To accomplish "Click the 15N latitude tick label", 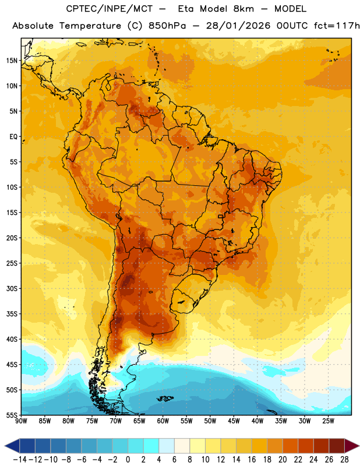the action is coord(12,61).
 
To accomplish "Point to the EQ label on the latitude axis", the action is coord(13,137).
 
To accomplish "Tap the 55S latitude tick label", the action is coord(12,415).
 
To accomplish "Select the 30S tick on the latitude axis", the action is coord(12,288).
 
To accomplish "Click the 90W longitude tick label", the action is coord(21,421).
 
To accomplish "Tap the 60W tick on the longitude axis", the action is coord(163,421).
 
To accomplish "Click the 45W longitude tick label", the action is coord(234,421).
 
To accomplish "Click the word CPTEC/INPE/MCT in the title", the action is coord(110,9).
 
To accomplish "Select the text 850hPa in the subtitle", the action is coord(167,26).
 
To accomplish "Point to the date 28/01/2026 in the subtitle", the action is coord(238,26).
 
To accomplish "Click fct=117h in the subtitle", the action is coord(337,26).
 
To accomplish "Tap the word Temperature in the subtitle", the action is coord(90,26).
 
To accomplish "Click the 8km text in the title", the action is coord(243,9).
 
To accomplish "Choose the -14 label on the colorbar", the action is coord(20,460).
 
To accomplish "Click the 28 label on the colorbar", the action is coord(344,460).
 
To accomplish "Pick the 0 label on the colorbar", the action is coord(128,460).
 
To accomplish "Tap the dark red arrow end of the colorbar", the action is coord(352,446).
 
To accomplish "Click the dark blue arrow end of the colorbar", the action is coord(12,446).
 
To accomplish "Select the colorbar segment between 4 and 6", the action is coord(167,446).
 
